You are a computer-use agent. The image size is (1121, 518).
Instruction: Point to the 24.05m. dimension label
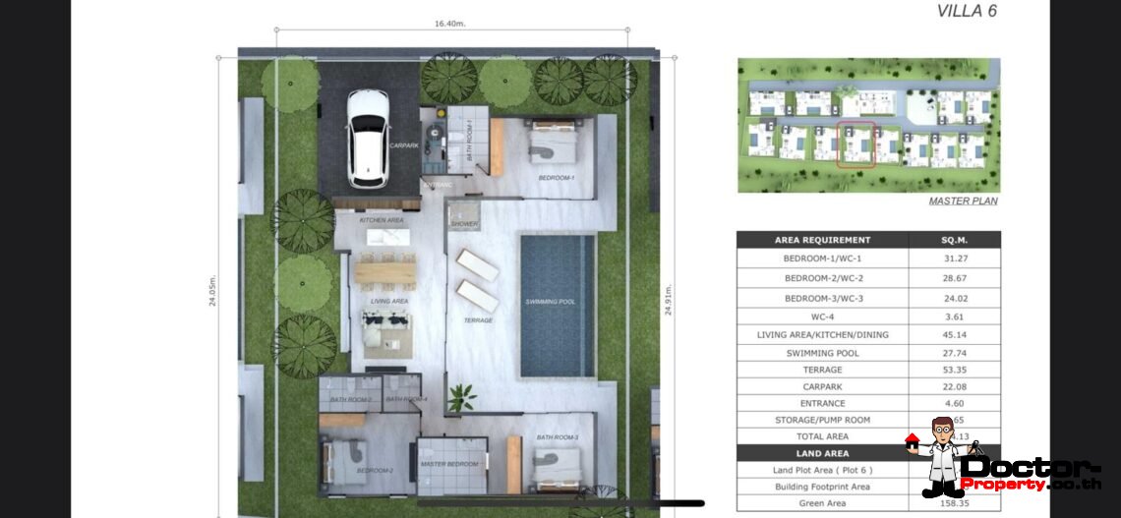(x=212, y=291)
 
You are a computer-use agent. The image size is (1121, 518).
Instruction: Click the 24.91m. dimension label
(x=669, y=297)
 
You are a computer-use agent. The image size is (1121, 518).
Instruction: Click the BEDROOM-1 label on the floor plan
(x=557, y=178)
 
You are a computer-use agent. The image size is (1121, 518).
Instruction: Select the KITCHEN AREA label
(x=382, y=220)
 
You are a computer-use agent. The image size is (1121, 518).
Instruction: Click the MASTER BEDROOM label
(x=449, y=464)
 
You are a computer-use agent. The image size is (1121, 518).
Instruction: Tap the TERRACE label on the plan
(x=478, y=320)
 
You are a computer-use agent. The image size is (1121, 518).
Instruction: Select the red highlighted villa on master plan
(x=856, y=144)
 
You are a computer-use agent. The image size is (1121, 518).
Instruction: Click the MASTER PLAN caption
(x=963, y=201)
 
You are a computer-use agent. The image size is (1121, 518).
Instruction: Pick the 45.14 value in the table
(x=954, y=335)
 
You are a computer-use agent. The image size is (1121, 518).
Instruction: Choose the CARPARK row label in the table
(x=822, y=386)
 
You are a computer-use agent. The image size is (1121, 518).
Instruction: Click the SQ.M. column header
(x=954, y=240)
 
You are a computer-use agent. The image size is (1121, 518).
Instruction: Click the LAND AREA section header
(x=822, y=453)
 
